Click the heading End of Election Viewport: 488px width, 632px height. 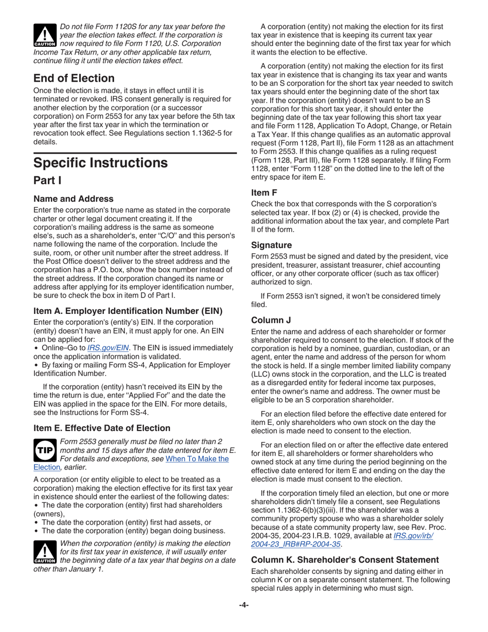tap(74, 79)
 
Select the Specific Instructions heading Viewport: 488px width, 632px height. tap(100, 163)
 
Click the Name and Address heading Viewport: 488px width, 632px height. tap(73, 199)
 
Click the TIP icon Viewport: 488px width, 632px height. tap(45, 450)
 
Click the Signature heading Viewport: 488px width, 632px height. tap(271, 245)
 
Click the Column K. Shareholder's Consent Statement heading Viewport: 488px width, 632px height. tap(345, 560)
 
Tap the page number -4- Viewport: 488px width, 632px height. tap(244, 605)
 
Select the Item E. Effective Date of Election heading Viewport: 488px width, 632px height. tap(102, 428)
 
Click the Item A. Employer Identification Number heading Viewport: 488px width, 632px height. tap(128, 311)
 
